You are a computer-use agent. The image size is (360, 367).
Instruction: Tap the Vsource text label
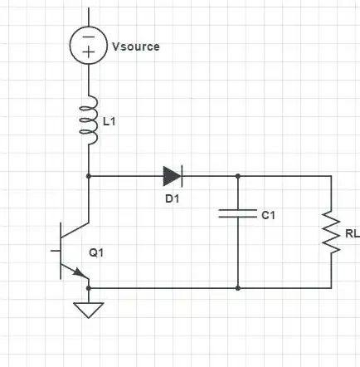coord(135,46)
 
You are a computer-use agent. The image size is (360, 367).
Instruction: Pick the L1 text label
coord(109,121)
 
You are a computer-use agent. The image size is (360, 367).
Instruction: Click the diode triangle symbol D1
coord(172,175)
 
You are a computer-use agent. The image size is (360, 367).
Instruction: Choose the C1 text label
coord(266,215)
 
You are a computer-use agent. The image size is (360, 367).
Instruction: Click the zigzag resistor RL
coord(331,232)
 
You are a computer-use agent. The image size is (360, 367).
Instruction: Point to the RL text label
coord(353,232)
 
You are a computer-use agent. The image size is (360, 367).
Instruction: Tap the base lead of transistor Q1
coord(54,250)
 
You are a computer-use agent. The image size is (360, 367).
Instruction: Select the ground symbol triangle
coord(89,311)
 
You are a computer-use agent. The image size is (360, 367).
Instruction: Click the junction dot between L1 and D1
coord(89,175)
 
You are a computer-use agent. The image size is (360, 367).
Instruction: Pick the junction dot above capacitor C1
coord(238,175)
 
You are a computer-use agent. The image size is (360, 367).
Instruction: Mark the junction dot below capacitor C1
coord(238,287)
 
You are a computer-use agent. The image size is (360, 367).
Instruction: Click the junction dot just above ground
coord(89,287)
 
